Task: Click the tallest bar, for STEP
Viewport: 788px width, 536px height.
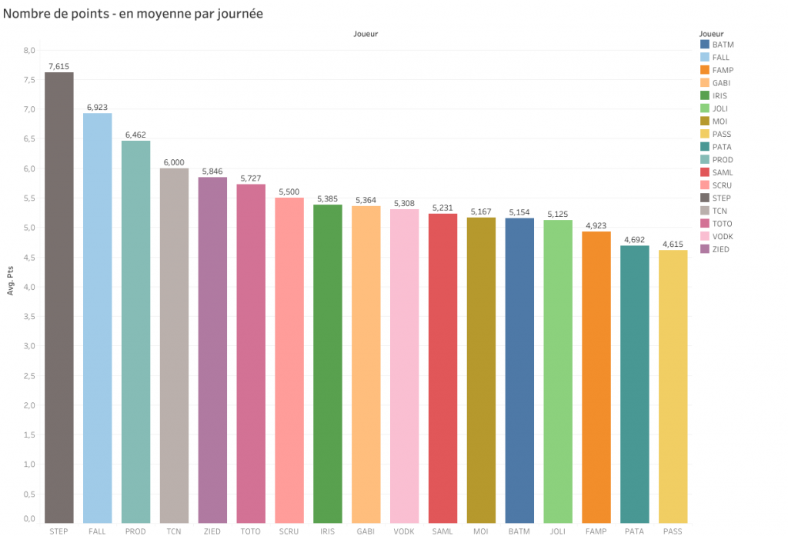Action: pos(58,297)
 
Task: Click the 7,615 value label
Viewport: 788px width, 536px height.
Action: pos(58,66)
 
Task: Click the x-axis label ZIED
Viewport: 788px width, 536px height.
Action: pos(212,531)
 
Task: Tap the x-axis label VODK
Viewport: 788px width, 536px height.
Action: pos(404,531)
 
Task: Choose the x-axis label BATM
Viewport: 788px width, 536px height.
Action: pos(519,531)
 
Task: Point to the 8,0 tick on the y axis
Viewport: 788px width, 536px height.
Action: pos(30,51)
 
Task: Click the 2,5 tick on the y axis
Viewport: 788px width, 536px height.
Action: pos(30,376)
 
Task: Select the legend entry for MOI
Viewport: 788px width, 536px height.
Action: pos(719,122)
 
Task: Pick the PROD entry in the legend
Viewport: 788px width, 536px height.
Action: pos(723,160)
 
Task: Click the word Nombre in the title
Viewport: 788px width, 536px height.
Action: pos(28,14)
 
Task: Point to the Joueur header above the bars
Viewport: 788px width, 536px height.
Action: pos(366,34)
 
